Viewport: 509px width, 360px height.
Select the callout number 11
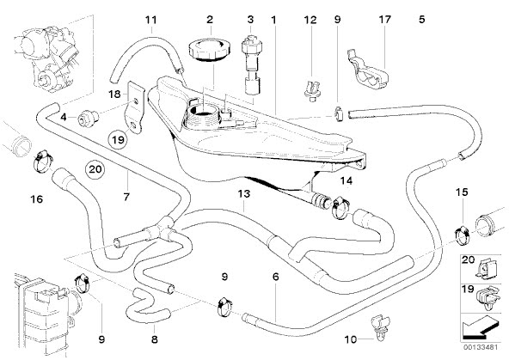(151, 20)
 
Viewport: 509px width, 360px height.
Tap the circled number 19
(118, 140)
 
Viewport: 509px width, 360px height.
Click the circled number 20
(95, 169)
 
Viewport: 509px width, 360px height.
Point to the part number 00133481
(481, 347)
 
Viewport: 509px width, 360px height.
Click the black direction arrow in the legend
(480, 327)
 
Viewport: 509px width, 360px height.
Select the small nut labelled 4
(88, 117)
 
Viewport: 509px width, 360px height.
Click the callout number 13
(244, 194)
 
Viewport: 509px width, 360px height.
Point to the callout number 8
(155, 339)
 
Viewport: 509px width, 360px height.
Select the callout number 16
(36, 198)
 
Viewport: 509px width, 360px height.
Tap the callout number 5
(421, 20)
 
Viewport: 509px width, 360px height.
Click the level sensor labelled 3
(251, 62)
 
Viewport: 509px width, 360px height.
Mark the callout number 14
(346, 180)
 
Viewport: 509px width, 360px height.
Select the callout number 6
(276, 277)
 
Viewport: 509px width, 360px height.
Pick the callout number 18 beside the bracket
(114, 95)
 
